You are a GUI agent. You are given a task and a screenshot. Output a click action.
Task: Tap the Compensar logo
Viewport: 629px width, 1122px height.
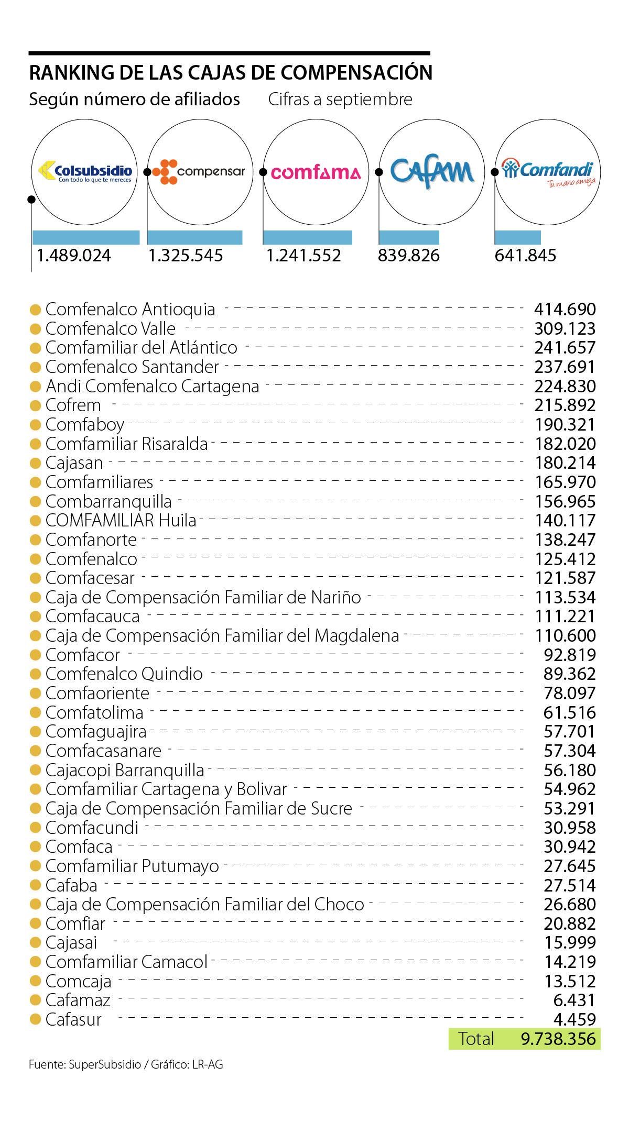pyautogui.click(x=199, y=172)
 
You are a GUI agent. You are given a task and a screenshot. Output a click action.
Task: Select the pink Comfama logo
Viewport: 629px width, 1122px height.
pyautogui.click(x=316, y=172)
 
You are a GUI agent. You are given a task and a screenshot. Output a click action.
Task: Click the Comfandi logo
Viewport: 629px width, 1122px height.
pyautogui.click(x=548, y=172)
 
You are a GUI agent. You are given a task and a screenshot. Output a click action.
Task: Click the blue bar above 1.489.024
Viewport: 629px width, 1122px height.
pyautogui.click(x=86, y=237)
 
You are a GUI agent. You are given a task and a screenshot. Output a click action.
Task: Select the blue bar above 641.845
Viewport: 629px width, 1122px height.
pyautogui.click(x=518, y=237)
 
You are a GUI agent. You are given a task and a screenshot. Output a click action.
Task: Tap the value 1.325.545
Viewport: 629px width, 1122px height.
pyautogui.click(x=186, y=256)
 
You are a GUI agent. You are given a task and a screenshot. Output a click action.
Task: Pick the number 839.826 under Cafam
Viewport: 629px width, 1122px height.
pyautogui.click(x=409, y=256)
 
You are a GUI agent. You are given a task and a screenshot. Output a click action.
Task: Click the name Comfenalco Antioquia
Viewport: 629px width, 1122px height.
pyautogui.click(x=130, y=310)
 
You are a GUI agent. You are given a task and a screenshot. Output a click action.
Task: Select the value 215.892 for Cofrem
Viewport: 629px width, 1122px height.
pyautogui.click(x=565, y=405)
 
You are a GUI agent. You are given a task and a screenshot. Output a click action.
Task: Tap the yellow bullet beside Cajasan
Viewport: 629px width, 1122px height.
pyautogui.click(x=36, y=463)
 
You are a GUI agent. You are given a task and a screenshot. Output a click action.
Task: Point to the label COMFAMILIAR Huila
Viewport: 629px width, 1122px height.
pyautogui.click(x=121, y=521)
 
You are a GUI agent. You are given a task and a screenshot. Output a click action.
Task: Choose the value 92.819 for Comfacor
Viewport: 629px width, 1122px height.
pyautogui.click(x=570, y=655)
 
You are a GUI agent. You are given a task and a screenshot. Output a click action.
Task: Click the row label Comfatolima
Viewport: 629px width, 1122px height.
pyautogui.click(x=94, y=712)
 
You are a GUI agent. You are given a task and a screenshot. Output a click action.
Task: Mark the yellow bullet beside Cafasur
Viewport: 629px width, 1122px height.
pyautogui.click(x=36, y=1019)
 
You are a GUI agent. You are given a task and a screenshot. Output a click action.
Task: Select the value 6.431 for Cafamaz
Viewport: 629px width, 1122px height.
pyautogui.click(x=574, y=1000)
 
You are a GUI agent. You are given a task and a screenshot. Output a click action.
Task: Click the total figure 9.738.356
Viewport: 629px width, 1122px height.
pyautogui.click(x=558, y=1039)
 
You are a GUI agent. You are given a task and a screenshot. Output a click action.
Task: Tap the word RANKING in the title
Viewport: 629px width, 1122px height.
pyautogui.click(x=72, y=73)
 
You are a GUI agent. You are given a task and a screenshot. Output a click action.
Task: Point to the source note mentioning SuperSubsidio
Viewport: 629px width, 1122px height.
pyautogui.click(x=126, y=1064)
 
